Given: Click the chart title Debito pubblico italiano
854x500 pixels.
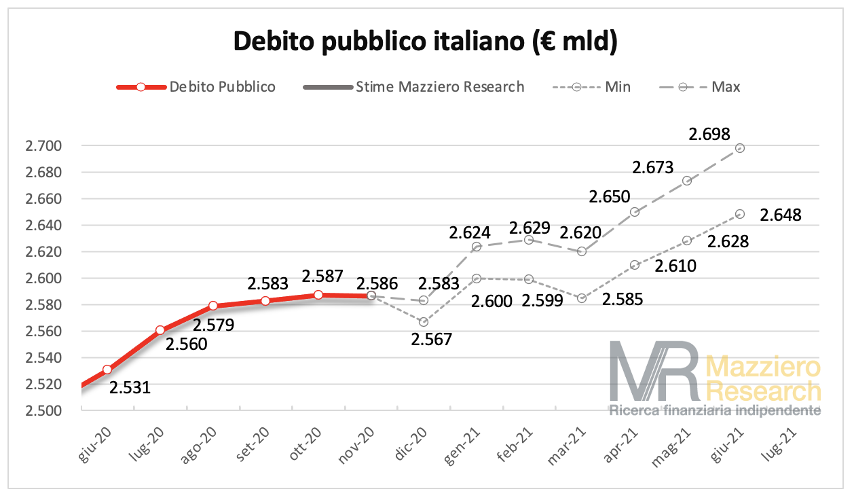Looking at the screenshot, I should click(x=426, y=42).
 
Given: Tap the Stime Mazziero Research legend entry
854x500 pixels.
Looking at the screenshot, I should click(x=440, y=87).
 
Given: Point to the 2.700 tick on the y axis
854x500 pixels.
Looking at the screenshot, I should click(x=43, y=146).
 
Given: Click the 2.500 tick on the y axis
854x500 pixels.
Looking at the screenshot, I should click(x=43, y=411).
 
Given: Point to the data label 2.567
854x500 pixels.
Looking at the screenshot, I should click(x=432, y=338).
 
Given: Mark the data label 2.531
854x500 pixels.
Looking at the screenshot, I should click(x=130, y=388).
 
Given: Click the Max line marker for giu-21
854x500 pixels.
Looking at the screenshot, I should click(x=740, y=148).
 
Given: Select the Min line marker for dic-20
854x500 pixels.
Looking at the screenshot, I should click(x=424, y=322).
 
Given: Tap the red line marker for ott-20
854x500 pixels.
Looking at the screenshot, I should click(x=318, y=295).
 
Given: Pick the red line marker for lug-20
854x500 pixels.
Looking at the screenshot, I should click(x=160, y=330).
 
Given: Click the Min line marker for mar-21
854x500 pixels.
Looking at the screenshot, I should click(x=582, y=298).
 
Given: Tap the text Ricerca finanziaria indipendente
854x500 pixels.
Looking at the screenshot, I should click(x=715, y=411).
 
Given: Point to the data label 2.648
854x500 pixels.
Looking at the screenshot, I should click(x=781, y=215).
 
